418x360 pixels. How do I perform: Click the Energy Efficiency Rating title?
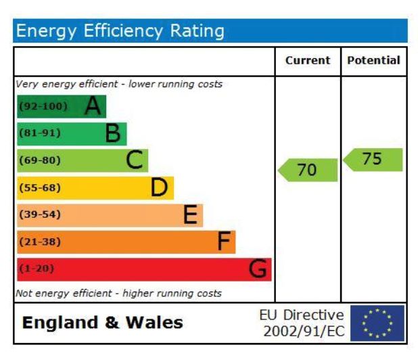click(120, 31)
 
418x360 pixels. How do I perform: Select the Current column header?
click(308, 60)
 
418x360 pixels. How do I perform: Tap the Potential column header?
click(373, 60)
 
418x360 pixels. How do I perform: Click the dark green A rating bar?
click(62, 106)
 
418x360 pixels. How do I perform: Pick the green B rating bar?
click(72, 133)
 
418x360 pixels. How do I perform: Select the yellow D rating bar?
click(95, 187)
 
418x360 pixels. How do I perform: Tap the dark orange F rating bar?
click(126, 242)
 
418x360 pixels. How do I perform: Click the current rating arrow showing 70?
click(308, 170)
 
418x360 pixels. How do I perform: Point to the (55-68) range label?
click(39, 187)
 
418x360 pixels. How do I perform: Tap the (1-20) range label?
click(36, 269)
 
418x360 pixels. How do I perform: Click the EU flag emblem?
click(377, 323)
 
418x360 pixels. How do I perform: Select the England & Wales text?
click(102, 323)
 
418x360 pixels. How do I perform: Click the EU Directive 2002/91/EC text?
click(302, 323)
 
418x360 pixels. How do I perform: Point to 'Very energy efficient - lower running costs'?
click(119, 85)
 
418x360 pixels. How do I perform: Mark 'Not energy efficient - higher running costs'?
click(118, 294)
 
